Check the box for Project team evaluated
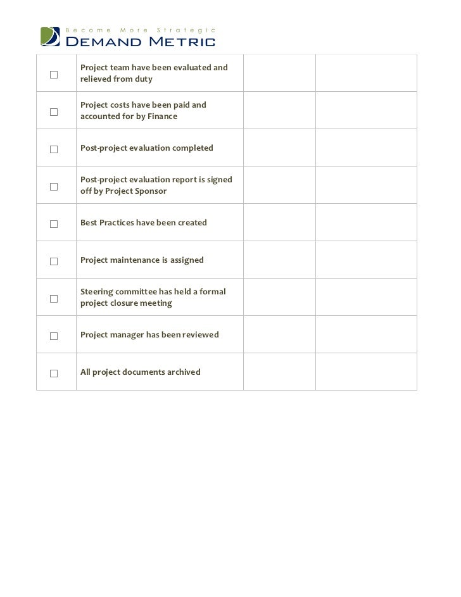54,75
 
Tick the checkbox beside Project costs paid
54,112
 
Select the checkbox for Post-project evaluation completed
54,149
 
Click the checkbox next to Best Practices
54,224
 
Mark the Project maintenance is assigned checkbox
54,261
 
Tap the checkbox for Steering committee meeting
54,298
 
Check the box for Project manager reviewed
54,336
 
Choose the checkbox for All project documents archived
54,374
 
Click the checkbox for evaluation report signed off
54,187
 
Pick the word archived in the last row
184,372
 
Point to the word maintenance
134,260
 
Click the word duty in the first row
143,80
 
